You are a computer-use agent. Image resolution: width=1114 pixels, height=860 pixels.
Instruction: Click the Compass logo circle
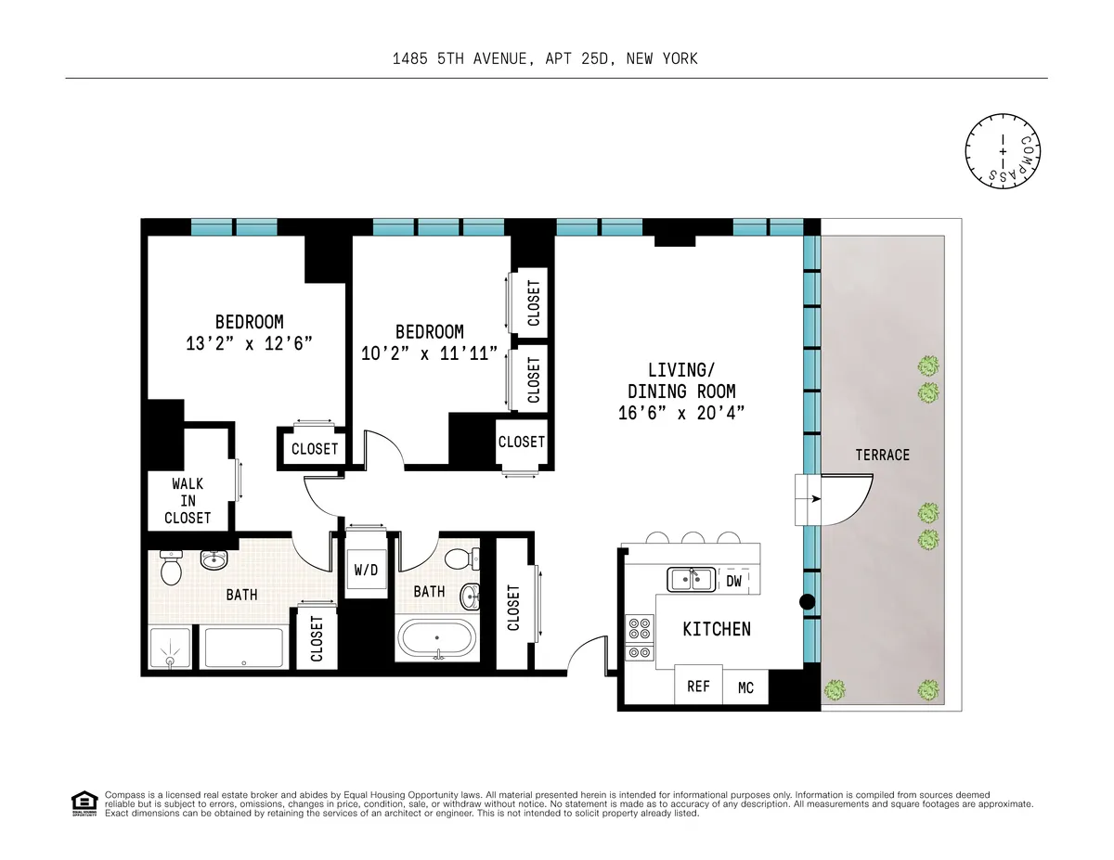click(1003, 148)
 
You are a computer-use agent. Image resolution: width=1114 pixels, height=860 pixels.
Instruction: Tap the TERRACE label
click(882, 455)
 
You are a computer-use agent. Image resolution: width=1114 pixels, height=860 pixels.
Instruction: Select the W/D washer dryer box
click(366, 569)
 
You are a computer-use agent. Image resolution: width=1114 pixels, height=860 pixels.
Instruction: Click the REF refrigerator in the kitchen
click(698, 687)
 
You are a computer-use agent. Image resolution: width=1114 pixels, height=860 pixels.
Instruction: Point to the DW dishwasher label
click(733, 582)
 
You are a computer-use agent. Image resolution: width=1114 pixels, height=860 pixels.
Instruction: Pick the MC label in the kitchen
click(745, 687)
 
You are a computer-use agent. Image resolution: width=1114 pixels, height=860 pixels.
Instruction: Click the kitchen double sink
click(691, 580)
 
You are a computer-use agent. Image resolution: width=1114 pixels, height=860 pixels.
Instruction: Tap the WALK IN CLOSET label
click(188, 501)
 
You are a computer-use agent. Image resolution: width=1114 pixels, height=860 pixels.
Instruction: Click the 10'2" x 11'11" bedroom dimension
click(429, 353)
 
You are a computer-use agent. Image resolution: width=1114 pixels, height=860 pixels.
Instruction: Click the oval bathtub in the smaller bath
click(436, 639)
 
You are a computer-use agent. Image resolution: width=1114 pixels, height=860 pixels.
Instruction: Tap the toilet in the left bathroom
click(170, 569)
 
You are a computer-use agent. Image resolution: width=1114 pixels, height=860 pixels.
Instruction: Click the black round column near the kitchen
click(807, 602)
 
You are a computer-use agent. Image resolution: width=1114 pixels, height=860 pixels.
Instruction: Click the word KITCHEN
click(716, 629)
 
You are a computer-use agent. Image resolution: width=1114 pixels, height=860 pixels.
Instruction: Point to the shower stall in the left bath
click(172, 648)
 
